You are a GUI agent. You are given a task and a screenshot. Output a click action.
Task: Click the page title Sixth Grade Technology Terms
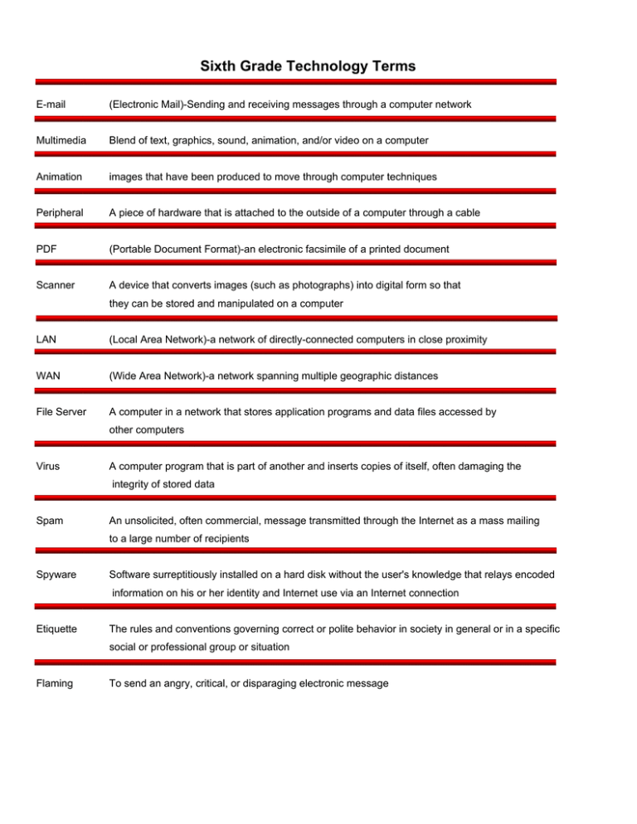[318, 65]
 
